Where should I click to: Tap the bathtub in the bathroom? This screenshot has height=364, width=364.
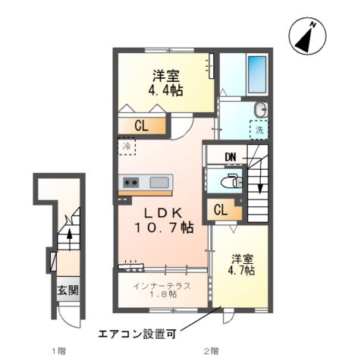tap(258, 74)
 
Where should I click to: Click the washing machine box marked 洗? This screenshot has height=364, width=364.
tap(259, 130)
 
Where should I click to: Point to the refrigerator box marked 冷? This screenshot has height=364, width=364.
tap(125, 145)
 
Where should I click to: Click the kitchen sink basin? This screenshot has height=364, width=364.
tap(160, 182)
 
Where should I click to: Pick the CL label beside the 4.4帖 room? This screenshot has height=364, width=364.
tap(141, 127)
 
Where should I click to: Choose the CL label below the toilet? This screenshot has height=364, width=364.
tap(221, 210)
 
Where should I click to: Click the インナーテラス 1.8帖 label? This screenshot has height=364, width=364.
tap(160, 290)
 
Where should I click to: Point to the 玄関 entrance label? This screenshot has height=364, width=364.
tap(67, 290)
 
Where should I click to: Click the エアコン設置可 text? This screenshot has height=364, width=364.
tap(140, 332)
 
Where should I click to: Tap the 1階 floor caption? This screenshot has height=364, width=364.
tap(58, 351)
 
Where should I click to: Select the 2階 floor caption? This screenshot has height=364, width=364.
tap(210, 351)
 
